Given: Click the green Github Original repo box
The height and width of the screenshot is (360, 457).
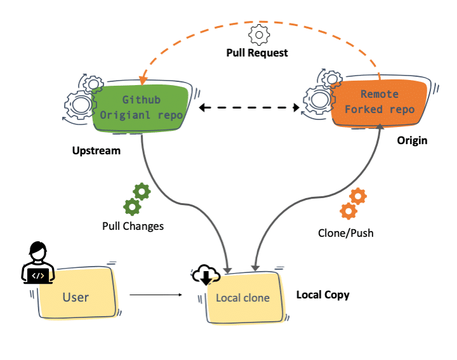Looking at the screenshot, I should click(x=142, y=108).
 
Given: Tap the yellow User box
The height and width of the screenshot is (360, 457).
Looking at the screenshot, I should click(x=76, y=297).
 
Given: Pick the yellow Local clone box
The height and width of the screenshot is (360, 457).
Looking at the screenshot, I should click(x=242, y=298).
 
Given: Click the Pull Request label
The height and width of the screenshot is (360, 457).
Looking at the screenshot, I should click(x=257, y=53).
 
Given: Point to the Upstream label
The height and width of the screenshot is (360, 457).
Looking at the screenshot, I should click(x=96, y=152).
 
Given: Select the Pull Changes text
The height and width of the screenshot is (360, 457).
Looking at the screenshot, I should click(x=133, y=226).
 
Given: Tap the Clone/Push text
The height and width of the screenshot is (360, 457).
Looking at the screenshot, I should click(x=345, y=233).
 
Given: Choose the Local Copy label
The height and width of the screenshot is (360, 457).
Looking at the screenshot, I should click(x=322, y=295).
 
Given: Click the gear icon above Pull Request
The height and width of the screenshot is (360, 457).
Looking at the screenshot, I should click(x=258, y=34).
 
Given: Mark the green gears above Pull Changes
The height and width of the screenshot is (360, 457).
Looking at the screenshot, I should click(x=136, y=198).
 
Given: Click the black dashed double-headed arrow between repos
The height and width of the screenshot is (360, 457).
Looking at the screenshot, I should click(x=249, y=109).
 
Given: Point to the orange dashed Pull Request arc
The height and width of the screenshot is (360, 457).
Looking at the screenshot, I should click(x=254, y=22).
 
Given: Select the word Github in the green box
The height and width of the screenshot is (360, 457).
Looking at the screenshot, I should click(x=141, y=100).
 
